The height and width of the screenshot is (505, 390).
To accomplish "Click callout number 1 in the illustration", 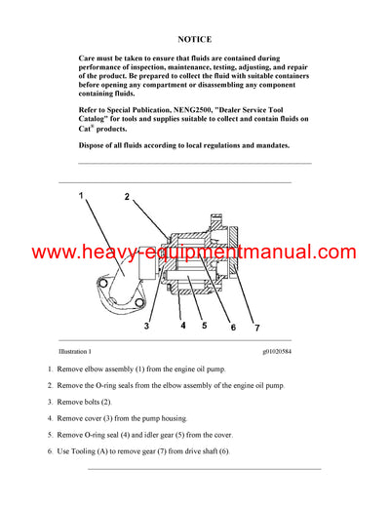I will pos(82,198).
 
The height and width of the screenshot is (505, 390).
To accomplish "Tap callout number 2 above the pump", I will pos(127,198).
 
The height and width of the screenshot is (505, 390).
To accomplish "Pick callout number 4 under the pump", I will pos(181,326).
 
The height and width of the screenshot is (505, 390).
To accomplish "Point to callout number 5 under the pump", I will pos(202,326).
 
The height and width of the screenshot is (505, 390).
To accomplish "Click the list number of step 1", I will pos(50,370).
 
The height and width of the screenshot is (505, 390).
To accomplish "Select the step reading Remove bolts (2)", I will pos(84,402).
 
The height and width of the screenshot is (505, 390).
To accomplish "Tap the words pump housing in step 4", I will pos(164,418).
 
